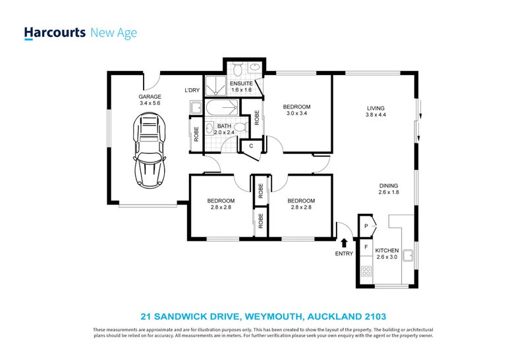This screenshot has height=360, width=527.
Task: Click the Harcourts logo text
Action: pos(55,32)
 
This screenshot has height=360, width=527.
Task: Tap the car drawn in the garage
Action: pos(149,151)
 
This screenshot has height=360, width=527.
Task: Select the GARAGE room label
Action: pos(150,95)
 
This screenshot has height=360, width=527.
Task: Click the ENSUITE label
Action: pos(240,84)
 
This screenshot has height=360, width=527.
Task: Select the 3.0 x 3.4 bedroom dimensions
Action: pos(296,113)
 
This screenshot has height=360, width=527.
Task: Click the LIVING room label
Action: pos(375,108)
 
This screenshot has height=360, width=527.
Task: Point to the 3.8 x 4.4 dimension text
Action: pos(375,115)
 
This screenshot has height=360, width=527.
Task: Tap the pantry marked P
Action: pos(367,226)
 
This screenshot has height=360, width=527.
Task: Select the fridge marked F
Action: pos(366,247)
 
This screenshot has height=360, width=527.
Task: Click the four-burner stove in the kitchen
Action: pos(366,270)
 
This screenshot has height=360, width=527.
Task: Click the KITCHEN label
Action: pos(387,251)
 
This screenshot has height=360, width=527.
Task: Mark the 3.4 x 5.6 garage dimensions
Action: pos(150,103)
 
